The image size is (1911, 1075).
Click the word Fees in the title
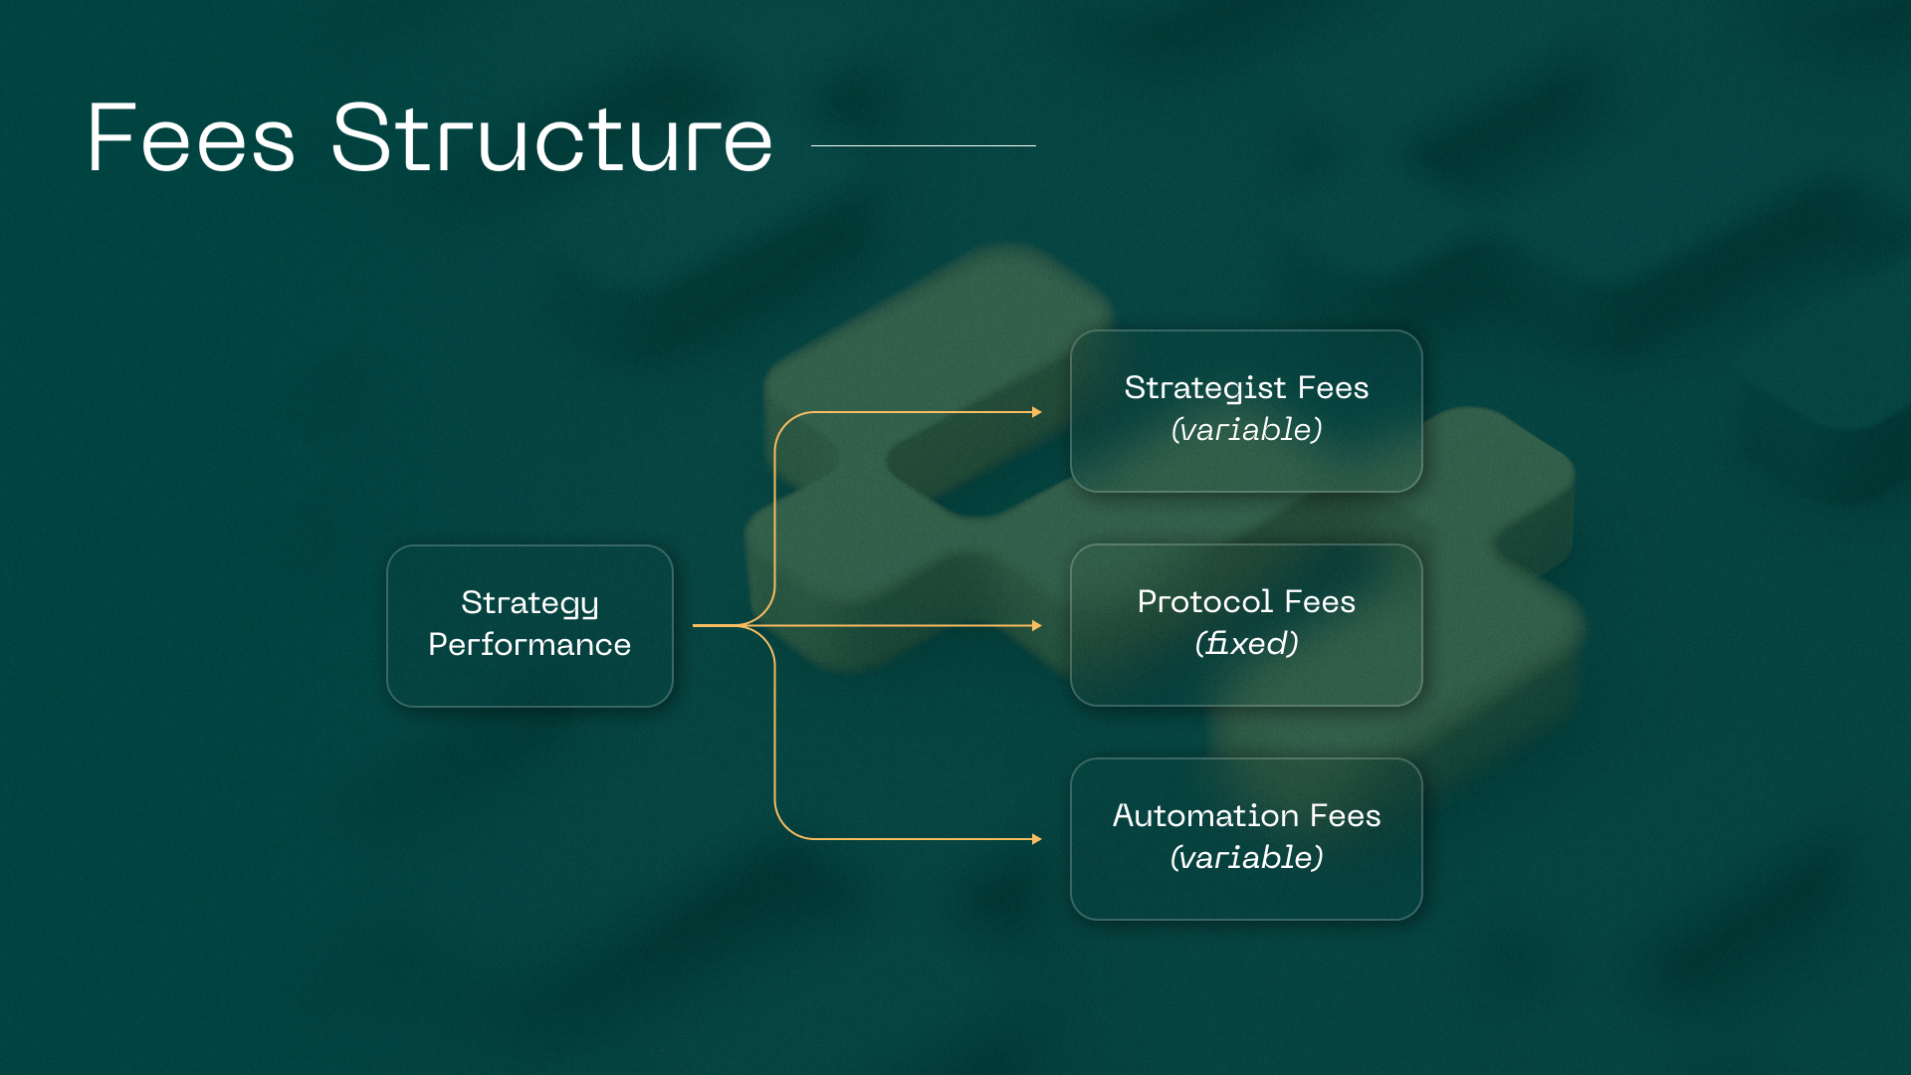[191, 137]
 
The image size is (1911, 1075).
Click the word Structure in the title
[552, 137]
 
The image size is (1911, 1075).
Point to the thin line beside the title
[924, 145]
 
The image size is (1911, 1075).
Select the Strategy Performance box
[530, 625]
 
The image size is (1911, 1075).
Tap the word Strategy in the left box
[530, 604]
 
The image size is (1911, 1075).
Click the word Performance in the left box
[530, 645]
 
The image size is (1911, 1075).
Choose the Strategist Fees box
[1246, 411]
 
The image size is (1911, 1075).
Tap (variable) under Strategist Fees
[1246, 430]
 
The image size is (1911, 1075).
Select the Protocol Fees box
[1246, 625]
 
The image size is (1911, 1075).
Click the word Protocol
[1205, 601]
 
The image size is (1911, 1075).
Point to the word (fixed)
[1246, 643]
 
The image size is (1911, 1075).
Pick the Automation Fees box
[1246, 839]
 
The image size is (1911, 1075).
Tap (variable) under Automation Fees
[1246, 857]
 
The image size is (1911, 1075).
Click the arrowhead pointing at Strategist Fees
[1037, 412]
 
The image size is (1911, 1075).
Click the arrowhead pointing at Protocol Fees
[1037, 626]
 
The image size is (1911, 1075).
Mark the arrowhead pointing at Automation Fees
[1037, 839]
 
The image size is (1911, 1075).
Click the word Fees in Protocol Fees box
[1320, 601]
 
